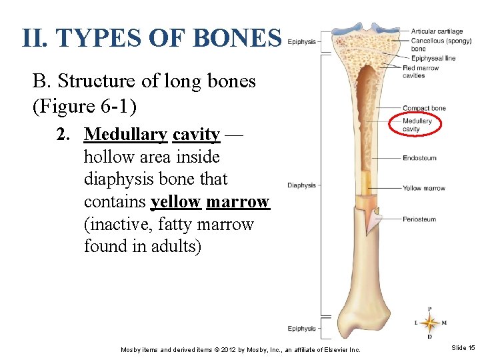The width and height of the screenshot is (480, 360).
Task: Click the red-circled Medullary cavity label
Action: [417, 125]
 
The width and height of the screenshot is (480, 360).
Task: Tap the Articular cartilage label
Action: [437, 31]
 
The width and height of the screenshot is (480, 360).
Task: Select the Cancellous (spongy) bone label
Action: [437, 45]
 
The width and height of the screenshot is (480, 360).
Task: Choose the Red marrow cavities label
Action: [421, 71]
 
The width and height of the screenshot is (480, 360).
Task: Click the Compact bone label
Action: [424, 108]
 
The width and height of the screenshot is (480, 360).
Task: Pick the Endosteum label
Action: [419, 158]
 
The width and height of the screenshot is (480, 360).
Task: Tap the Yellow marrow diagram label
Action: [423, 188]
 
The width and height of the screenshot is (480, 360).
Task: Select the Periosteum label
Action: [419, 219]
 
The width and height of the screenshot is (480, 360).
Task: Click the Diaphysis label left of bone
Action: [301, 185]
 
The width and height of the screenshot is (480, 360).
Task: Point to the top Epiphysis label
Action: [301, 41]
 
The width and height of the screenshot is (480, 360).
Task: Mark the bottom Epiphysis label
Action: [301, 328]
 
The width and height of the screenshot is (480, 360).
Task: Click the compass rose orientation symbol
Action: [429, 323]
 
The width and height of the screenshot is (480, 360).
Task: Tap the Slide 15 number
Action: [463, 348]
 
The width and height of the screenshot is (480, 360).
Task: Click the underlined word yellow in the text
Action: [176, 202]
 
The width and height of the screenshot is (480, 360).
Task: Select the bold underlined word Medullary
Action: [126, 135]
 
